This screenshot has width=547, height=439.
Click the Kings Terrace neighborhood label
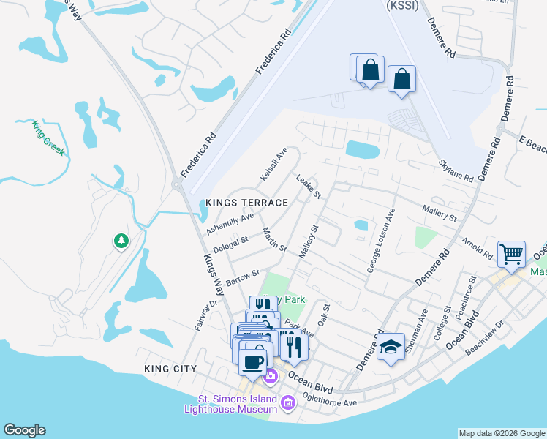coord(246,202)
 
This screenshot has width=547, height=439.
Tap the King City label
coord(170,369)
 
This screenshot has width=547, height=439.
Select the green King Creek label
coord(48,138)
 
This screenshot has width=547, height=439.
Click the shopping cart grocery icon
coord(511,255)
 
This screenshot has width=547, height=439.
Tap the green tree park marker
coord(121,240)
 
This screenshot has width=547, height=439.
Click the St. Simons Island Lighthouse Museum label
coord(238,404)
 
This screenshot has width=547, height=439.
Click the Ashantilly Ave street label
coord(230,222)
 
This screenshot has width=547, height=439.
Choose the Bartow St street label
coord(243,277)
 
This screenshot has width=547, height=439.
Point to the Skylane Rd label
coord(456,170)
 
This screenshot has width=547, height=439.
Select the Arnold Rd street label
coord(476,247)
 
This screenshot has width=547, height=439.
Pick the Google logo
coord(24,430)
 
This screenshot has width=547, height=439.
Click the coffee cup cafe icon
coord(253,362)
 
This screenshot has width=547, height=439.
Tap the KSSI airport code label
coord(399,4)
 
